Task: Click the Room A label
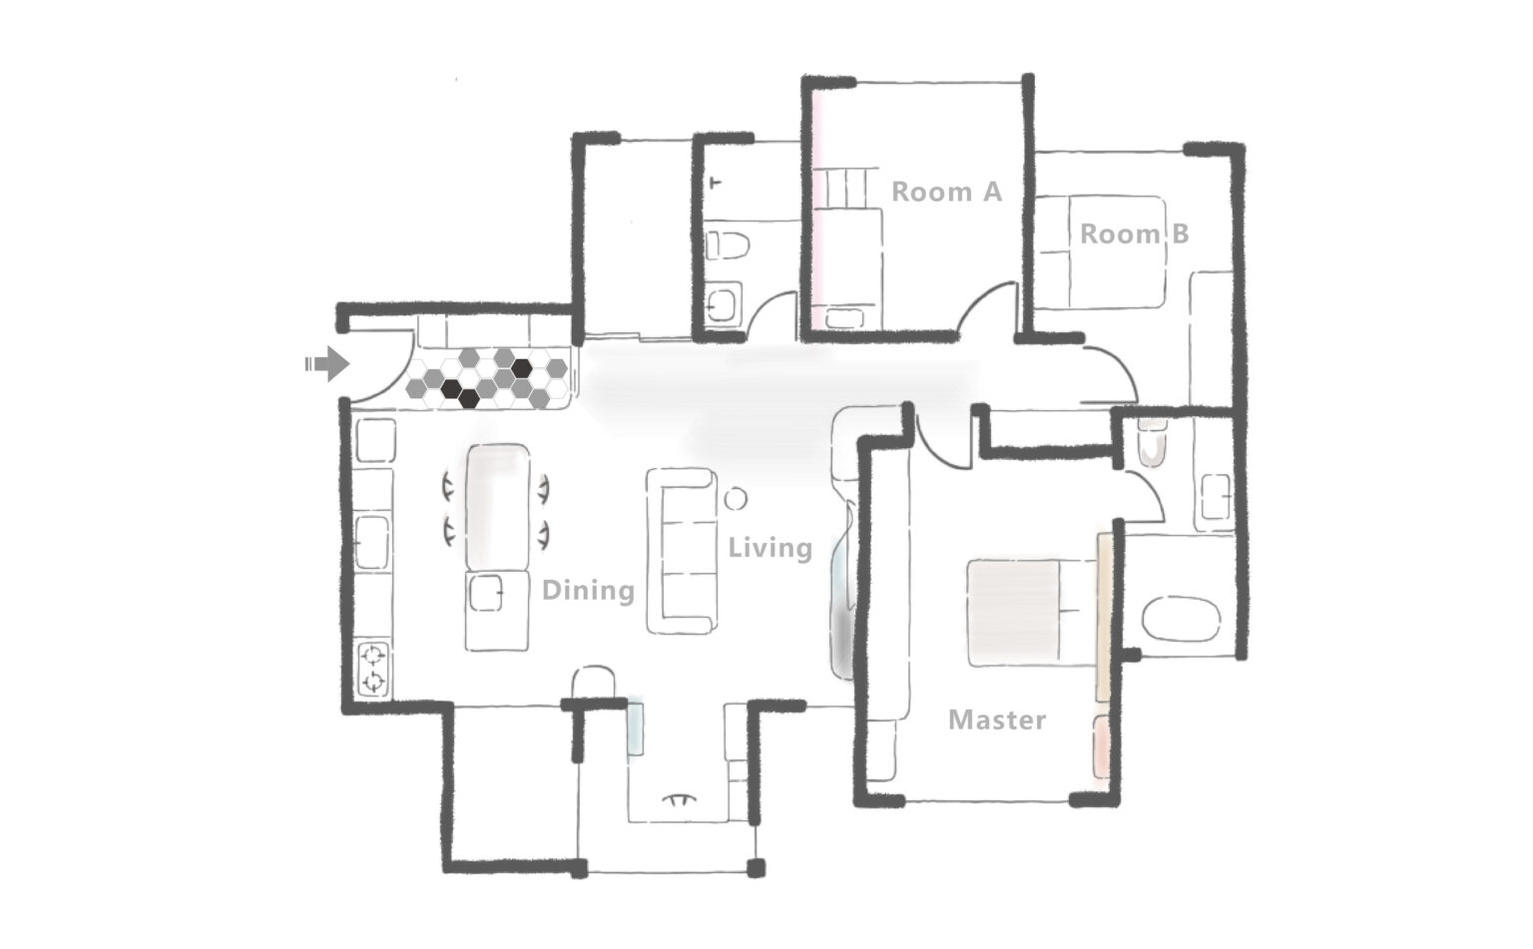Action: pyautogui.click(x=946, y=193)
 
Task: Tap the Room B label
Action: pyautogui.click(x=1134, y=234)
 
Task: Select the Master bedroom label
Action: pyautogui.click(x=997, y=719)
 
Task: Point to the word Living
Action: pyautogui.click(x=769, y=548)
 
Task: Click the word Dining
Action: pyautogui.click(x=588, y=591)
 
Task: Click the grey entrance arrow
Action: pyautogui.click(x=327, y=363)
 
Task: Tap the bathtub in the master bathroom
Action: pyautogui.click(x=1181, y=620)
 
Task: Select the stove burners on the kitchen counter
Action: pyautogui.click(x=373, y=669)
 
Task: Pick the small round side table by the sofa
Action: pyautogui.click(x=736, y=499)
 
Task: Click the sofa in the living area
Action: pyautogui.click(x=683, y=551)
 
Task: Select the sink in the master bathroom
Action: pyautogui.click(x=1215, y=496)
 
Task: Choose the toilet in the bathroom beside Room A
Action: pyautogui.click(x=728, y=244)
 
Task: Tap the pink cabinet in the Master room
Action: pyautogui.click(x=1101, y=747)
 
